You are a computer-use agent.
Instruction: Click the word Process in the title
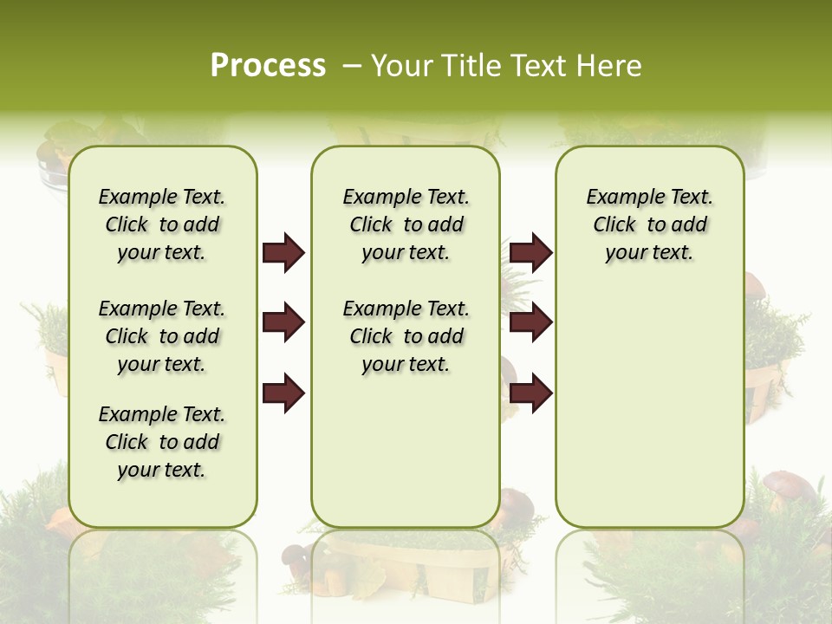[x=268, y=66]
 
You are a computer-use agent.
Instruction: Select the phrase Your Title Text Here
[x=506, y=66]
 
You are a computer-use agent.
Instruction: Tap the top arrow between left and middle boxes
[x=283, y=253]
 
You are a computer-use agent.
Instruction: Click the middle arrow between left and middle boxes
[x=283, y=322]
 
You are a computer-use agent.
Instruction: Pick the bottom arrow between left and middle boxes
[x=283, y=393]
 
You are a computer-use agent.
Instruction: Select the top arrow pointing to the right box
[x=530, y=253]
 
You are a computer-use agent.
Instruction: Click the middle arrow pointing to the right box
[x=530, y=322]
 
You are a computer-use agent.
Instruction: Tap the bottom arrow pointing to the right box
[x=530, y=393]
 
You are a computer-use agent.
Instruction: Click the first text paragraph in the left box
[x=162, y=224]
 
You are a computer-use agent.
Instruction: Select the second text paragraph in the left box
[x=162, y=336]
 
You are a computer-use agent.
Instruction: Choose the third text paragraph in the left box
[x=162, y=442]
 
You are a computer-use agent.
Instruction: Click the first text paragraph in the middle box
[x=406, y=224]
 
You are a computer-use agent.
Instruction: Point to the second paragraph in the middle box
[x=406, y=336]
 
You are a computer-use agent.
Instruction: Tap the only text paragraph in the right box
[x=649, y=224]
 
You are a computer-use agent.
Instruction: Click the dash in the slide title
[x=352, y=66]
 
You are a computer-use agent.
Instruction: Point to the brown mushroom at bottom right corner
[x=789, y=485]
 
